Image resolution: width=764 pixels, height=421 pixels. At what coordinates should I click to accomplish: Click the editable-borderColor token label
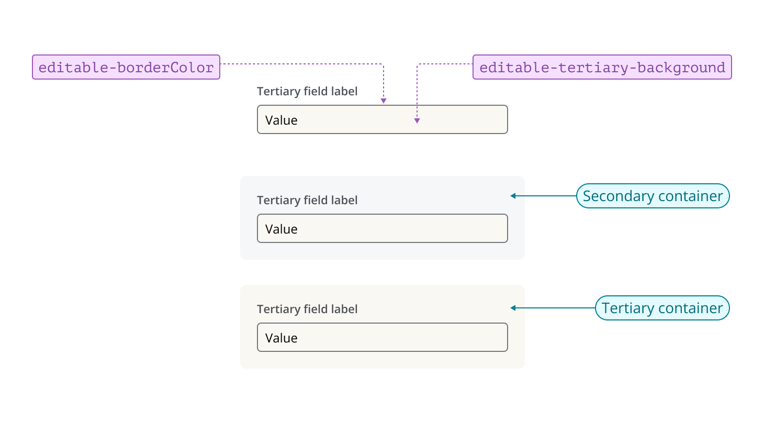(x=126, y=67)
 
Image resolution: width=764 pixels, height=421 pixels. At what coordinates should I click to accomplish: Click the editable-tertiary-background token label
(x=602, y=67)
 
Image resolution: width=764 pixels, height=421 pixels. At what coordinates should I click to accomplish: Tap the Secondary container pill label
(x=653, y=196)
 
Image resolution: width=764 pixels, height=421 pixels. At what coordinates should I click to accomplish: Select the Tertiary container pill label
(x=662, y=308)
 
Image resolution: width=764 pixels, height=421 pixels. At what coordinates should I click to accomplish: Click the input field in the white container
(x=382, y=119)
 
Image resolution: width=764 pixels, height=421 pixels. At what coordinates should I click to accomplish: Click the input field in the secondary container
(x=382, y=228)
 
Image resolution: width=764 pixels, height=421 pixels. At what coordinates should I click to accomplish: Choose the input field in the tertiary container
(x=382, y=337)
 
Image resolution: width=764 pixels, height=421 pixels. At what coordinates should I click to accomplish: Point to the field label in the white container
(x=307, y=91)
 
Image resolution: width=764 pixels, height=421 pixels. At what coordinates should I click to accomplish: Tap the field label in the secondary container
(x=307, y=200)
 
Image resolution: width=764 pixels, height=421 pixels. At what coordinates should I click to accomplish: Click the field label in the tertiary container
(x=307, y=309)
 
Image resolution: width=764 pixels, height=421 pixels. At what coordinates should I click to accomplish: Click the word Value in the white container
(x=281, y=120)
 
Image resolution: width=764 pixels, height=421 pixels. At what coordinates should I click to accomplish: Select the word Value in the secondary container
(x=281, y=229)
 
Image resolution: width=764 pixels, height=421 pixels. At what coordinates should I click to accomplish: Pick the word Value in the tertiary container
(x=281, y=338)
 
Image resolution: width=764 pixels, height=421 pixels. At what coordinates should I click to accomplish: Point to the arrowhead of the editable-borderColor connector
(x=384, y=101)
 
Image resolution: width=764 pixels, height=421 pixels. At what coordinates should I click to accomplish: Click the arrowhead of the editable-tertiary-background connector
(x=417, y=121)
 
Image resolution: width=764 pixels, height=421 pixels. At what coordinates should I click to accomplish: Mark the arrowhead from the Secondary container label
(x=513, y=196)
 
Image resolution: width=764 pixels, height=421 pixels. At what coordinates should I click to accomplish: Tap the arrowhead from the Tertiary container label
(x=513, y=308)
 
